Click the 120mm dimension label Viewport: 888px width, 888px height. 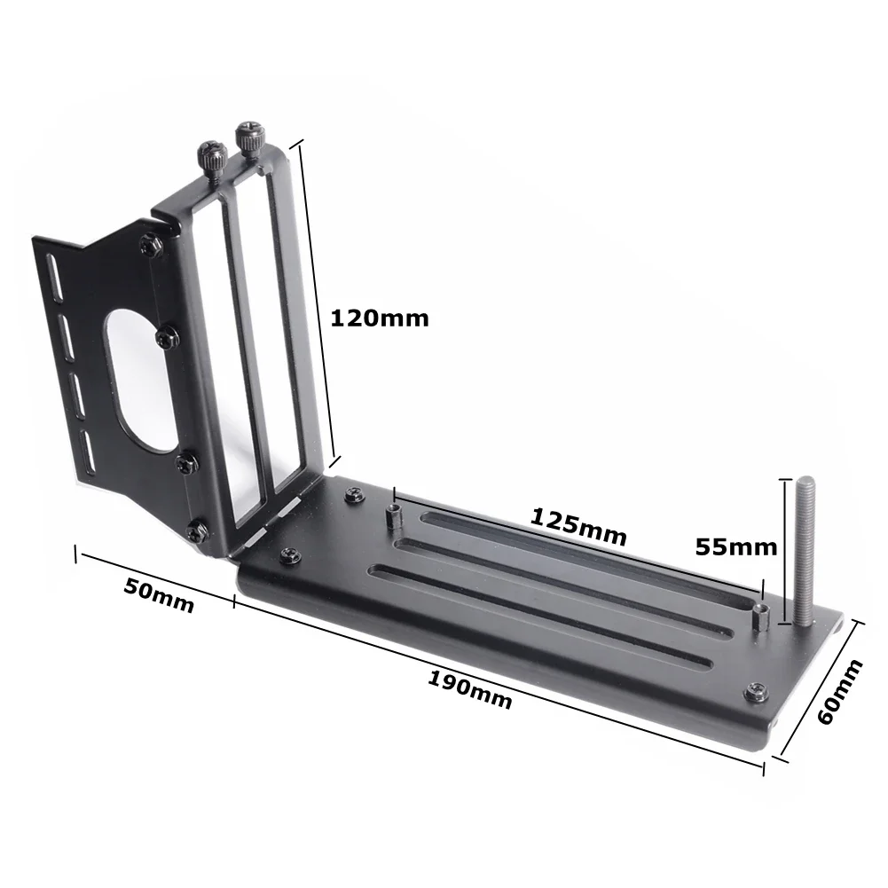click(x=379, y=318)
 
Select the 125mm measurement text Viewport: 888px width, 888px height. click(x=579, y=527)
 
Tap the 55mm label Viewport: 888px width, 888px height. click(x=735, y=546)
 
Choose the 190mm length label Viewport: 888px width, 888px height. click(x=470, y=690)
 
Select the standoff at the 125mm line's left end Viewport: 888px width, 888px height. click(x=393, y=515)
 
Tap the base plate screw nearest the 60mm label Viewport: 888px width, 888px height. click(x=757, y=690)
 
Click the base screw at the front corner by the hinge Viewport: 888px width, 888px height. click(x=289, y=555)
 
